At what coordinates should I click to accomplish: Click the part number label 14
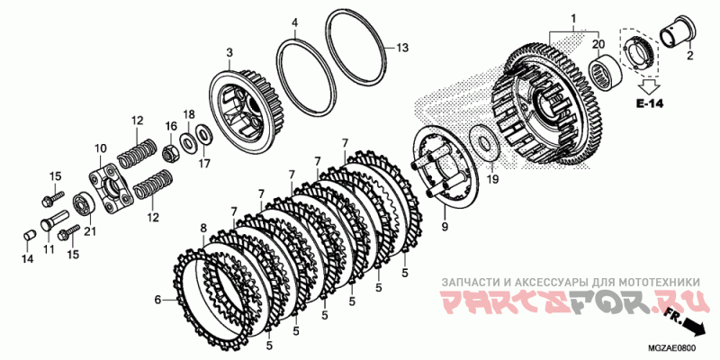tap(27, 259)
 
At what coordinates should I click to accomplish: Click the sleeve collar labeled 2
tap(678, 31)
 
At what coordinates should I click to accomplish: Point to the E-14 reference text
tap(649, 103)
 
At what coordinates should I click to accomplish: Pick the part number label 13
tap(402, 48)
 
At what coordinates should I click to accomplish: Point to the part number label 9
tap(444, 227)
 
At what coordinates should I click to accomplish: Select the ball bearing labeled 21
tap(84, 203)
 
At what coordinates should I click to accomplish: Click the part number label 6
tap(157, 301)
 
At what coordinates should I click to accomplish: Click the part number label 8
tap(204, 227)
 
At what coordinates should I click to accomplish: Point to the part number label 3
tap(229, 52)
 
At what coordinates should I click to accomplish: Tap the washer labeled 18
tap(187, 142)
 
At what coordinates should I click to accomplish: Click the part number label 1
tap(573, 18)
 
